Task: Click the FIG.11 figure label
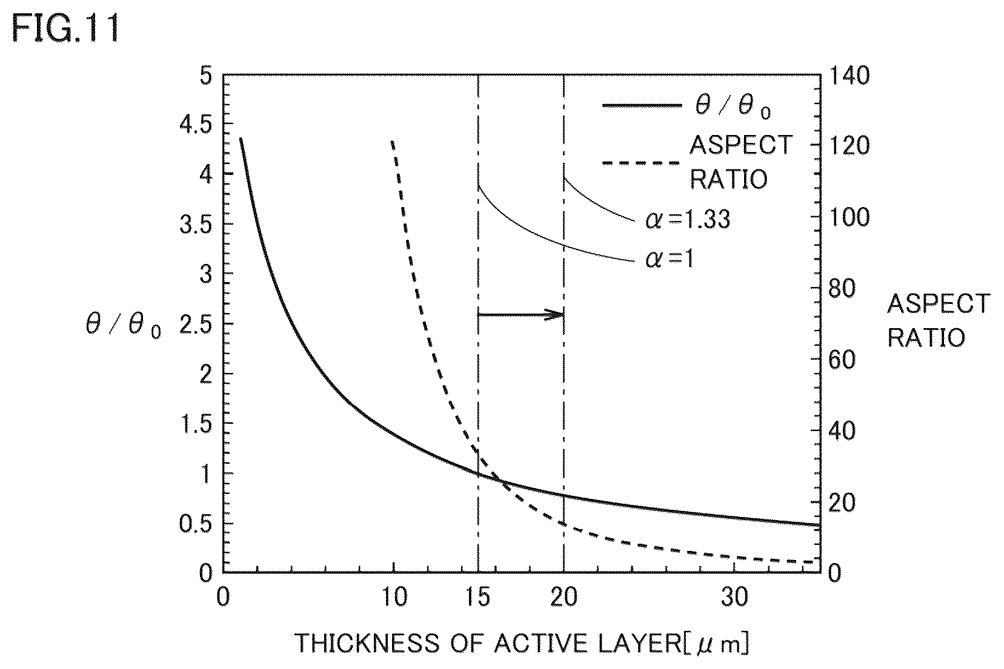(66, 28)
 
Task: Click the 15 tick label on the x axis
(478, 597)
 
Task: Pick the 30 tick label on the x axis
(734, 597)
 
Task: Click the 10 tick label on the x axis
(395, 597)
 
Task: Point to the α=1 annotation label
(669, 259)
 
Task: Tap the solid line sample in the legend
(642, 106)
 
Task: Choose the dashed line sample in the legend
(642, 163)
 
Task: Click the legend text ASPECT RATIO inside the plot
(741, 162)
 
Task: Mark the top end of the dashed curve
(392, 142)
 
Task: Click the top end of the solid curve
(241, 139)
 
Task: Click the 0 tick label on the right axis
(834, 573)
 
